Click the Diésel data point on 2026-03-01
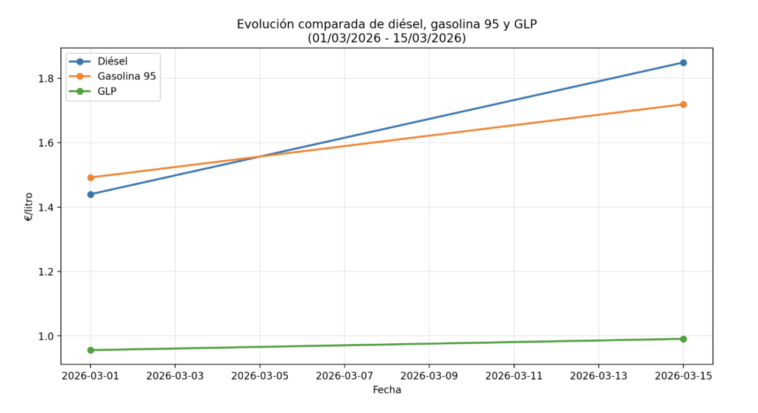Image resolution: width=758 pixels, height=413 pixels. [91, 194]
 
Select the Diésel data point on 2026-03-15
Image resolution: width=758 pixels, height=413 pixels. [683, 63]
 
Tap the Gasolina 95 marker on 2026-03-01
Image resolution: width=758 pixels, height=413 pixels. [91, 178]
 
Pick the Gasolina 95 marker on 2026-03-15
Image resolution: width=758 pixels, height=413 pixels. [683, 105]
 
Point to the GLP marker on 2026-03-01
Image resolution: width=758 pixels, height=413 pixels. [91, 350]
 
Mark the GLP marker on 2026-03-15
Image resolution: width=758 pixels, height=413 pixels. [683, 339]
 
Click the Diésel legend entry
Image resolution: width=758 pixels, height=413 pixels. [112, 62]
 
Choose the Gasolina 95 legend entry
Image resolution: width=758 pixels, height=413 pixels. [126, 76]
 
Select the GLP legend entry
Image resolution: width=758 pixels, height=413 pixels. [107, 91]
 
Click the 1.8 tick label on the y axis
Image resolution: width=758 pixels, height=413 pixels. [46, 79]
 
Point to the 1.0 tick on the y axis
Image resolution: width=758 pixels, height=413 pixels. [46, 336]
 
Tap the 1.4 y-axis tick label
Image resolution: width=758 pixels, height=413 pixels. [46, 208]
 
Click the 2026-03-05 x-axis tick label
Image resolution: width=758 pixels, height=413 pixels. [259, 376]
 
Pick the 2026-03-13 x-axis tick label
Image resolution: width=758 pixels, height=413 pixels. [598, 376]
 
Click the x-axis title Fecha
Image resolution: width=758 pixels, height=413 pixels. [387, 390]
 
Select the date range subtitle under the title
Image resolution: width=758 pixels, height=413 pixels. [387, 38]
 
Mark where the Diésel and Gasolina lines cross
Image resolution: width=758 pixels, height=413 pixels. [259, 157]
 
